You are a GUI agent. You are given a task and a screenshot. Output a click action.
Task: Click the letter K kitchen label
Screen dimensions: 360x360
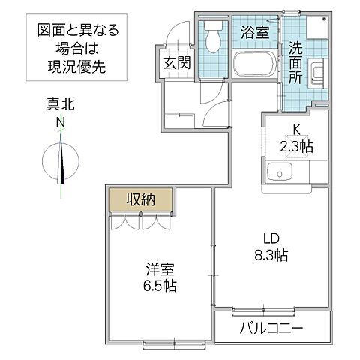295,129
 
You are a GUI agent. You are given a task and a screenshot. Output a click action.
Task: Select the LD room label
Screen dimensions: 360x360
271,238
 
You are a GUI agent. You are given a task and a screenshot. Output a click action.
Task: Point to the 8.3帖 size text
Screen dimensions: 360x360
271,255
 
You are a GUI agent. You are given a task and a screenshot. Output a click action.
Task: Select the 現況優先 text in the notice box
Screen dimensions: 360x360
79,66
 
